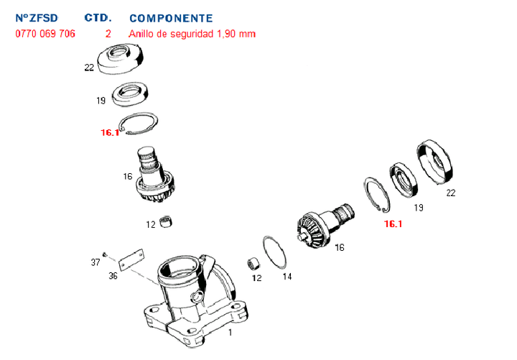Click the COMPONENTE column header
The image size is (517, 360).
(171, 18)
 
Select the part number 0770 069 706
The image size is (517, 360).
(45, 34)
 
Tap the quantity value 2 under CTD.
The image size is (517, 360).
(108, 34)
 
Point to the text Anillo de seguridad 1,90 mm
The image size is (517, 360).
(192, 34)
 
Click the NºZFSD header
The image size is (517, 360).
(37, 18)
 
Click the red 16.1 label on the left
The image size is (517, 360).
(110, 133)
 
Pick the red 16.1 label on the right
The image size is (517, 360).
(393, 224)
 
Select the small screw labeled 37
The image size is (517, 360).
(105, 254)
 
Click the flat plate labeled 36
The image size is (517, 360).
(131, 259)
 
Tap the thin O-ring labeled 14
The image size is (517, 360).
(274, 252)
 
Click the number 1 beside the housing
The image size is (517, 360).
(230, 332)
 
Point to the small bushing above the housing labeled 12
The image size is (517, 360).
(166, 221)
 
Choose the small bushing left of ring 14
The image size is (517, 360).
(253, 264)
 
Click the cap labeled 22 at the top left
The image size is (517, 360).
(121, 59)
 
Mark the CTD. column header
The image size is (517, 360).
(98, 18)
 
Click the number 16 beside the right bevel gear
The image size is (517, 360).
(340, 247)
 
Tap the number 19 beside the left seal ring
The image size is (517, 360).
(101, 101)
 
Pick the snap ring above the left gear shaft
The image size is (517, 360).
(139, 124)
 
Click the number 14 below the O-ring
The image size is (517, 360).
(287, 277)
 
